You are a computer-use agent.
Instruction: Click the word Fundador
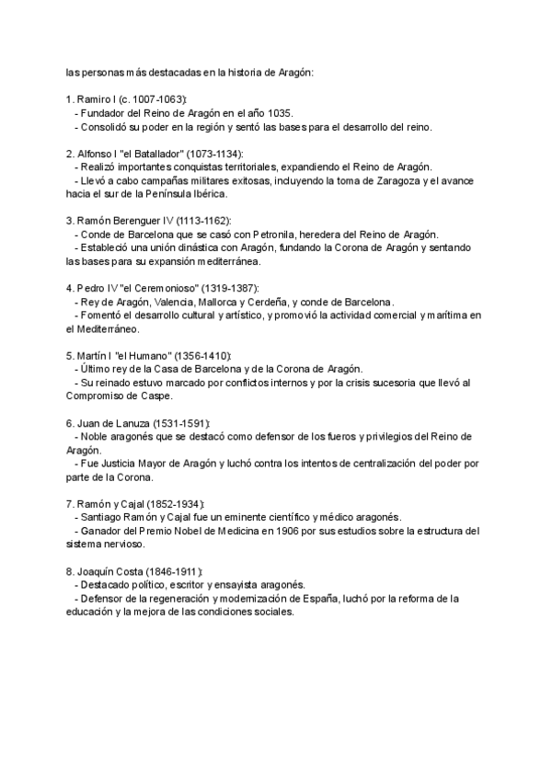[104, 112]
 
